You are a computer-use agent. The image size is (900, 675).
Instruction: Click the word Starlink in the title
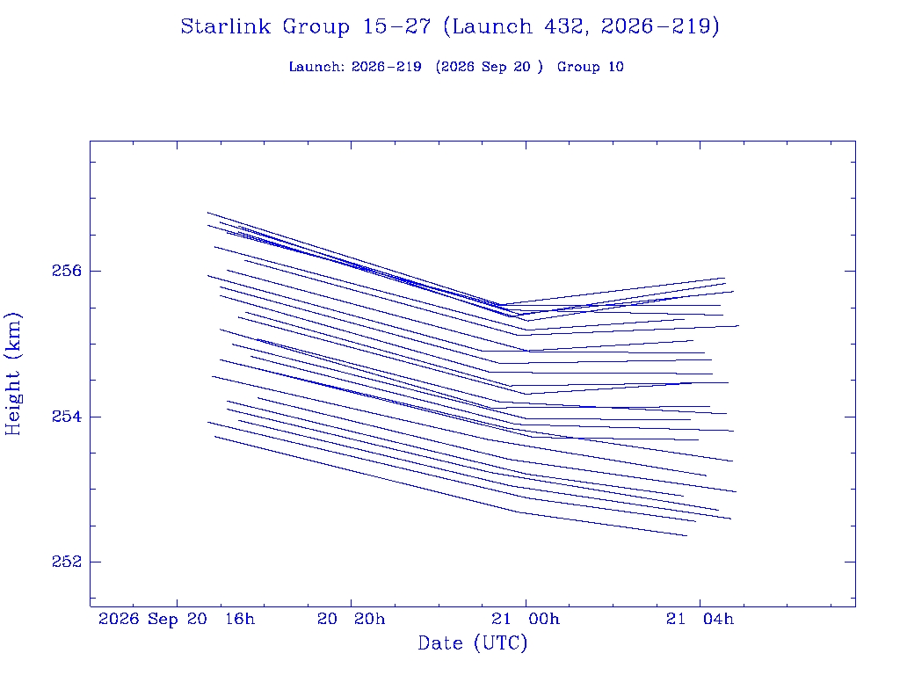click(225, 26)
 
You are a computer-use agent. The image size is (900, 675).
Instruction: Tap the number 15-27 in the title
click(396, 26)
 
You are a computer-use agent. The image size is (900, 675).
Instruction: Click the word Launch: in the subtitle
click(316, 67)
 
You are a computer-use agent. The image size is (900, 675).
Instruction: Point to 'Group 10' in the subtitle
click(590, 67)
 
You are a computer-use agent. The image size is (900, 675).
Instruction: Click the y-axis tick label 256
click(67, 271)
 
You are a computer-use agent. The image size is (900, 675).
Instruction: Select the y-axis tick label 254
click(67, 416)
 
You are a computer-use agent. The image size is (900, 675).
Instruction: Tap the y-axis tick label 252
click(67, 562)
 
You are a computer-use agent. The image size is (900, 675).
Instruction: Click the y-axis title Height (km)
click(12, 374)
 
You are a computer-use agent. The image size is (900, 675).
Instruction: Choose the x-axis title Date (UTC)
click(472, 642)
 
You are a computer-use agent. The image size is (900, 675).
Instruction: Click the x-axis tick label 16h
click(240, 619)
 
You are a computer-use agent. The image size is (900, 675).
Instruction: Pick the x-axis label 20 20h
click(352, 619)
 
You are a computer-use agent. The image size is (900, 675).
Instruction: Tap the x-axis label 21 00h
click(526, 619)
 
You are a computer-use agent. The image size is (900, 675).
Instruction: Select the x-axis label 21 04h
click(700, 619)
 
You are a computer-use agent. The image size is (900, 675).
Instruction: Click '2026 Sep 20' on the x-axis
click(153, 619)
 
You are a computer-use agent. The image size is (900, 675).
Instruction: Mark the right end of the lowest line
click(687, 535)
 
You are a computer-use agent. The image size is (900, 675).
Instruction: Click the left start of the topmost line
click(207, 213)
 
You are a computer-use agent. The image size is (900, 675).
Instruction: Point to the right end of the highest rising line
click(724, 278)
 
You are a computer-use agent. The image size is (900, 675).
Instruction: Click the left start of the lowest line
click(214, 436)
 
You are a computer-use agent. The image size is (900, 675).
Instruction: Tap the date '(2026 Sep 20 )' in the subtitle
click(489, 67)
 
